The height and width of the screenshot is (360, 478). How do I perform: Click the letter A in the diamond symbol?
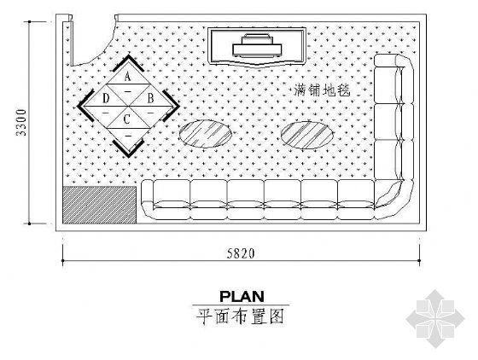tap(127, 76)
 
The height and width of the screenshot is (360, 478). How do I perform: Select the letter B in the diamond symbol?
tap(150, 98)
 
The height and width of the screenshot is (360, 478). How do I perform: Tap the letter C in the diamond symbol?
tap(127, 119)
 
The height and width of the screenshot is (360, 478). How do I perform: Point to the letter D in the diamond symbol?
tap(106, 99)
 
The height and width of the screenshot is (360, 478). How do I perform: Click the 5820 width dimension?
tap(241, 253)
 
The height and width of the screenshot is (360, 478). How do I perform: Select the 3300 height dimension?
tap(22, 123)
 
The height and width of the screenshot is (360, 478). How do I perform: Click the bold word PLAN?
tap(242, 296)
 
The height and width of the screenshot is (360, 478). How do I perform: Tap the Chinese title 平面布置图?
tap(240, 316)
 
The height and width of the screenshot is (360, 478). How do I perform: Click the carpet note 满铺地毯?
tap(323, 90)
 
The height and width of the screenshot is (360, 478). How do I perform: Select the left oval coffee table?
tap(205, 134)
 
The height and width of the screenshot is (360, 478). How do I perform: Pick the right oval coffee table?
tap(307, 136)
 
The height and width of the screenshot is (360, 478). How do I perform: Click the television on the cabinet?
tap(257, 46)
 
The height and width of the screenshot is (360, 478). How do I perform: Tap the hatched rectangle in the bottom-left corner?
tap(99, 205)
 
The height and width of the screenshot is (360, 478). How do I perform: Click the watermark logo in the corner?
tap(435, 318)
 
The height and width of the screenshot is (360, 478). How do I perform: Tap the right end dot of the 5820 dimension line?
tap(419, 261)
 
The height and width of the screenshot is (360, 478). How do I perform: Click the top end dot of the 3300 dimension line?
tap(30, 22)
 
